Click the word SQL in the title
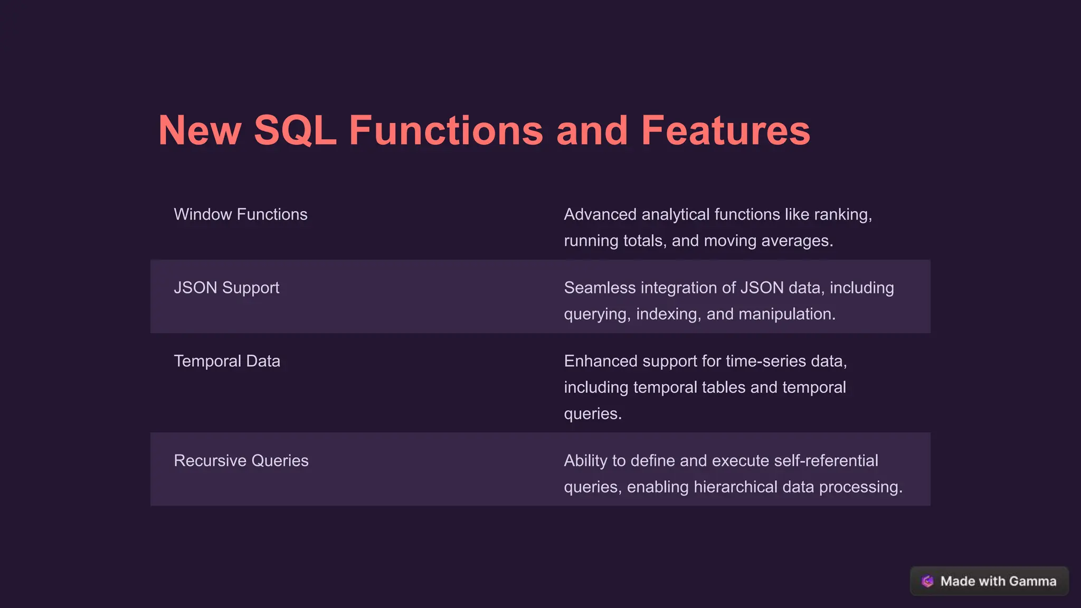coord(295,130)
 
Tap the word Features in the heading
coord(725,130)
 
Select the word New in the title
coord(200,130)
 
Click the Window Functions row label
coord(240,214)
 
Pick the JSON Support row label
coord(226,288)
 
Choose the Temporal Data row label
coord(227,361)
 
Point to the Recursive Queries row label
coord(241,461)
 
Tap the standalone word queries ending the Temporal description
coord(592,414)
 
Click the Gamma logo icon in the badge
coord(927,581)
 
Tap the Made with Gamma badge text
coord(998,581)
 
